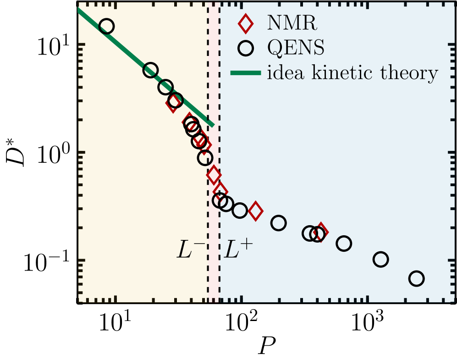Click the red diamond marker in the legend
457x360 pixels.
click(x=246, y=23)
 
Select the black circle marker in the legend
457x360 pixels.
click(x=246, y=48)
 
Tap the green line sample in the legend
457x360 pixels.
click(x=246, y=72)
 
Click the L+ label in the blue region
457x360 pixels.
click(x=238, y=250)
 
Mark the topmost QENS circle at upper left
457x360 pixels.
click(x=106, y=26)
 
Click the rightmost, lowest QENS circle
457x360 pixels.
click(x=416, y=278)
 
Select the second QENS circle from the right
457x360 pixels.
click(x=380, y=260)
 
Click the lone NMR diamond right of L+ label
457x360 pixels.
click(x=255, y=211)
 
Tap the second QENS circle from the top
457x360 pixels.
click(x=150, y=70)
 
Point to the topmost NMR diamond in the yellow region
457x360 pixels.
click(x=173, y=104)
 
